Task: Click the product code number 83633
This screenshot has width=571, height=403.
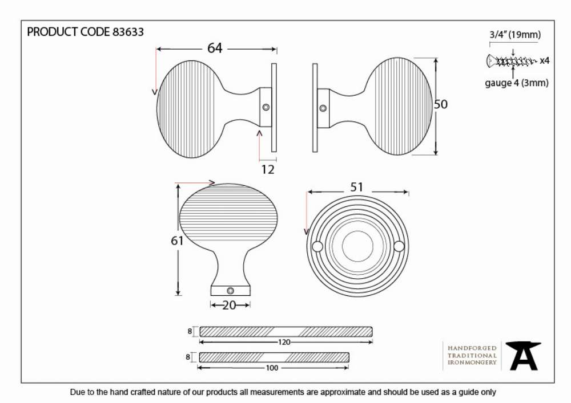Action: click(128, 32)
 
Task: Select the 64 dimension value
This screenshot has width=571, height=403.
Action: click(215, 48)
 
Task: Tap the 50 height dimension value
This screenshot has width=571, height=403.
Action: click(441, 104)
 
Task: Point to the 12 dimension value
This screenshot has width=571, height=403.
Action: click(268, 169)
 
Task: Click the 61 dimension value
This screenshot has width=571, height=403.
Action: click(177, 241)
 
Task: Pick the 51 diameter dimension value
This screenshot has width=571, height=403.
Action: click(356, 187)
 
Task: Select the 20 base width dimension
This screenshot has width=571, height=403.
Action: click(230, 306)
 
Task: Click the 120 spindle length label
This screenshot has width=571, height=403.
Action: click(284, 342)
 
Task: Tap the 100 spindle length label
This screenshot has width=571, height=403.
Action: click(272, 368)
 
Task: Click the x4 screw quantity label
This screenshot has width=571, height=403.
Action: click(544, 60)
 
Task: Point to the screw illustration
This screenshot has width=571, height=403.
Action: click(512, 60)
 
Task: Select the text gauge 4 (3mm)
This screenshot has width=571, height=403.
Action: click(516, 83)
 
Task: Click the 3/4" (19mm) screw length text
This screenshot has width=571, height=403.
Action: click(515, 35)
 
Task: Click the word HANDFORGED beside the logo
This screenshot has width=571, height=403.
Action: click(472, 348)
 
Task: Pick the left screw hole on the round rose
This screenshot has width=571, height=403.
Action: click(317, 246)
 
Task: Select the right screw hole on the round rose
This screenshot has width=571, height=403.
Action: click(399, 246)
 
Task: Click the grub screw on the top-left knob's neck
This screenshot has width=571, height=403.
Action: click(266, 107)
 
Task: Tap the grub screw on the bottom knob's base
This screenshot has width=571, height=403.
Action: click(230, 291)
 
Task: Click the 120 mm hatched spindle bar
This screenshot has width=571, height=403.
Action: click(286, 331)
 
